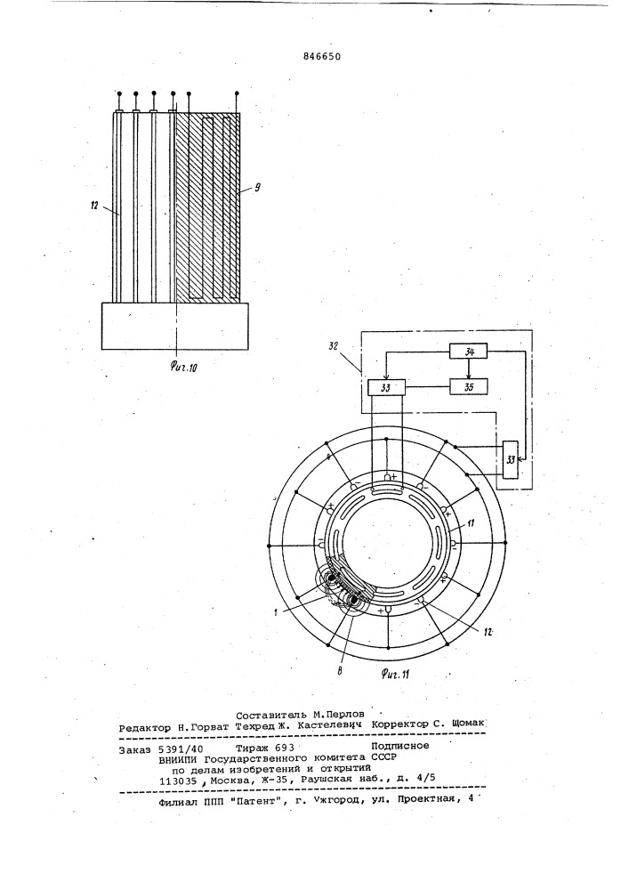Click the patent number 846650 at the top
322,55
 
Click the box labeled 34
468,352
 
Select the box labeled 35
468,388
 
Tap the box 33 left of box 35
386,388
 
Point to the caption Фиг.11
395,674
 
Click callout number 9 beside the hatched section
257,187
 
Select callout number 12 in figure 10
95,206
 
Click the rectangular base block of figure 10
174,326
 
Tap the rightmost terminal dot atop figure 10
237,93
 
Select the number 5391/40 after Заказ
176,748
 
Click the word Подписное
400,746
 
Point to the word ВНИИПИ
181,758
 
